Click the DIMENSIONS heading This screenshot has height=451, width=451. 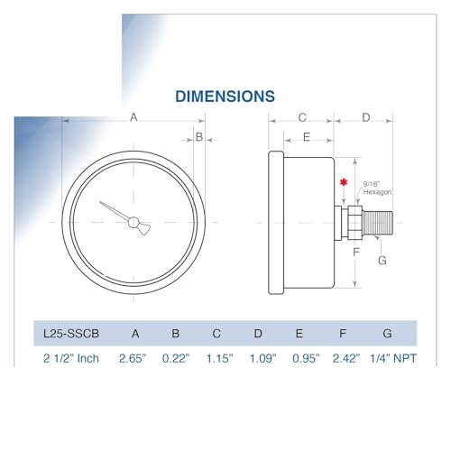(225, 97)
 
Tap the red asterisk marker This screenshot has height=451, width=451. (344, 182)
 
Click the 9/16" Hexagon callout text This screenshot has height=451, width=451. (377, 189)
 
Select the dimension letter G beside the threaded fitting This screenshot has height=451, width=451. (382, 261)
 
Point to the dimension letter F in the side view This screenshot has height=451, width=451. (356, 252)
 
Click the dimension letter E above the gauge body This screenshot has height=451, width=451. (307, 137)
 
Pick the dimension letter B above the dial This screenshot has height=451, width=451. (199, 137)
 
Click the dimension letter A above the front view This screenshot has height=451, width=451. (133, 117)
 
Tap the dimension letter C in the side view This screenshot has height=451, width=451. (302, 117)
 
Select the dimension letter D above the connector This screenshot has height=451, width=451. (366, 117)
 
